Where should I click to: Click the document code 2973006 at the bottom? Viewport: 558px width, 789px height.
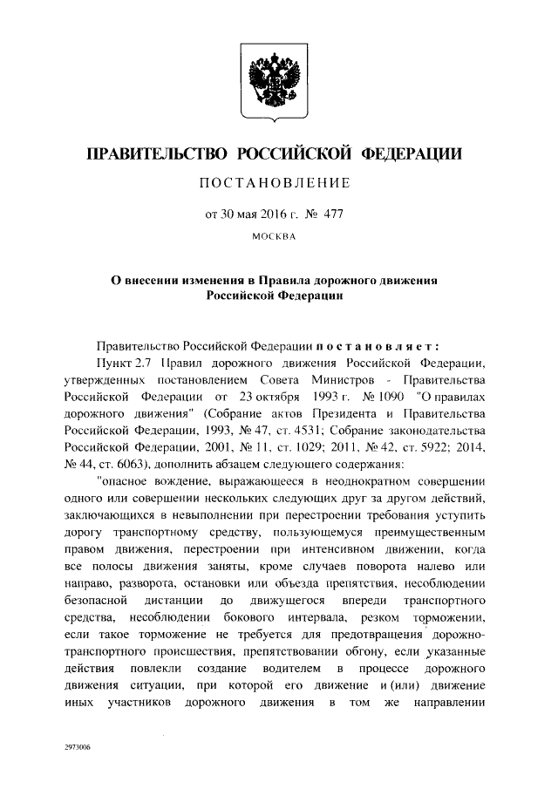77,748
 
